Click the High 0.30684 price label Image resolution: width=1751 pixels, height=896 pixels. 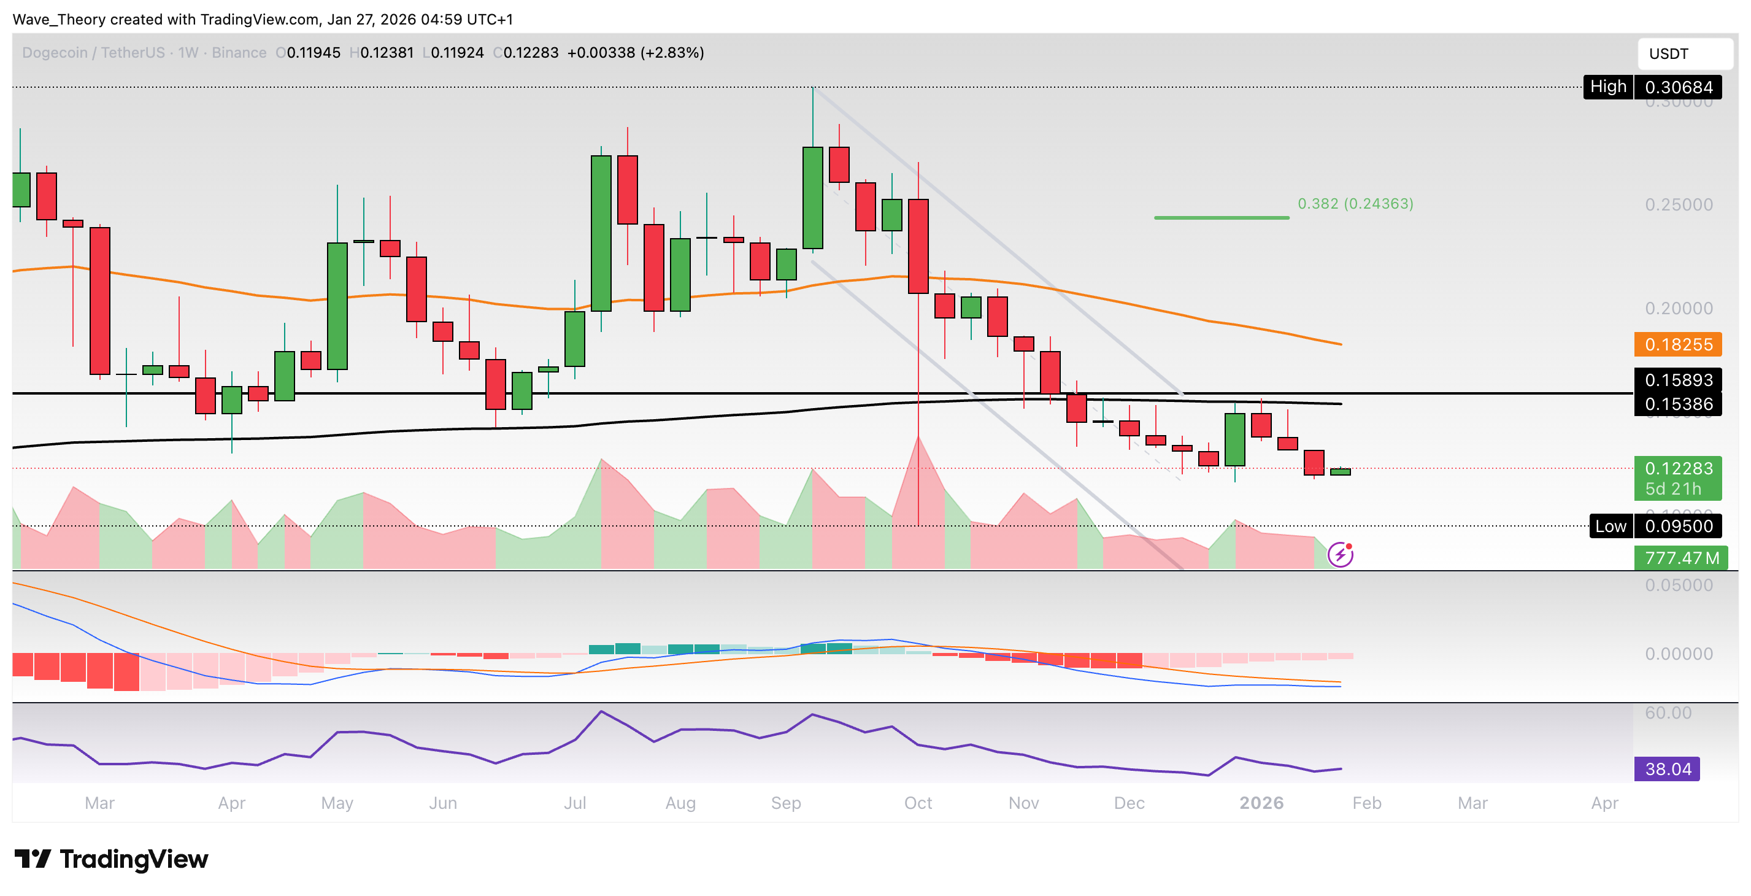click(1652, 87)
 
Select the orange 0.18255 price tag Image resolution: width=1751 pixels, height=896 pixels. click(1677, 345)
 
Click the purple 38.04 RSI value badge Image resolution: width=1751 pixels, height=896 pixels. click(1667, 769)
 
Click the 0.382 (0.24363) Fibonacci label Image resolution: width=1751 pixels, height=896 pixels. click(1355, 204)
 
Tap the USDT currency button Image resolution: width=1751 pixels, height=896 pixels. click(1684, 54)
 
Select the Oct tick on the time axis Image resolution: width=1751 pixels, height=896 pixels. click(918, 803)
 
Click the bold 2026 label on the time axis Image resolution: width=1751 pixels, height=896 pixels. click(1261, 803)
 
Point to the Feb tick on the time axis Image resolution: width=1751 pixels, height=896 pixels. click(1366, 803)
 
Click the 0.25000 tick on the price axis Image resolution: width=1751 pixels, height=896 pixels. click(1678, 204)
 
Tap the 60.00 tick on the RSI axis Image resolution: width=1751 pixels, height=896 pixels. click(1668, 713)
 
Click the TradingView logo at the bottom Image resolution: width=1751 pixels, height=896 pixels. click(112, 859)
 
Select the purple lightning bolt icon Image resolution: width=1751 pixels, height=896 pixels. click(1341, 555)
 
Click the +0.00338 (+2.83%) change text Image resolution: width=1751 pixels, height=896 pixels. click(636, 53)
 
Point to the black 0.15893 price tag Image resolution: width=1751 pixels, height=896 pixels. click(1677, 380)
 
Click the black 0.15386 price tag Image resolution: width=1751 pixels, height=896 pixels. click(1677, 404)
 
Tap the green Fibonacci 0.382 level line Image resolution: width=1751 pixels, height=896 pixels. click(1221, 217)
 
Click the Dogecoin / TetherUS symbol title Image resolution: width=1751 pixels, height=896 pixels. click(93, 53)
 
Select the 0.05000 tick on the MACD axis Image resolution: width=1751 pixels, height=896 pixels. click(1678, 585)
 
